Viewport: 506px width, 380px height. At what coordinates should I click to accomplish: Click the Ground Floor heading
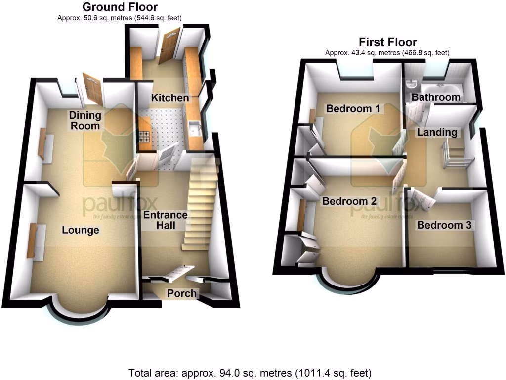point(120,7)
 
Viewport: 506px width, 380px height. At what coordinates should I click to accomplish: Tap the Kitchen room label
point(170,98)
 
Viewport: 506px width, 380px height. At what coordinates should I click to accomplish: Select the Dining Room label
point(85,120)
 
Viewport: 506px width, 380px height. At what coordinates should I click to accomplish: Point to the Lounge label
point(81,230)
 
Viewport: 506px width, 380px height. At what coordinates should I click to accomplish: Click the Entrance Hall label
point(166,220)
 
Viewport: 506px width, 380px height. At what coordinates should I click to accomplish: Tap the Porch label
point(182,293)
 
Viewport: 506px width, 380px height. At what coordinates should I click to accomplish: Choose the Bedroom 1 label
point(353,108)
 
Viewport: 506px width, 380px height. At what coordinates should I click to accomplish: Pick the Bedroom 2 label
point(349,201)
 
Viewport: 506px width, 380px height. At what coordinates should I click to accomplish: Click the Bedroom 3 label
point(445,225)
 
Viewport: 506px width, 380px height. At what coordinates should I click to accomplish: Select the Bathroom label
point(436,97)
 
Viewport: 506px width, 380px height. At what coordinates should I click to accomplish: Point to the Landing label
point(437,132)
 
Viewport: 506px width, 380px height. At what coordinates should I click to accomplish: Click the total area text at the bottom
point(250,372)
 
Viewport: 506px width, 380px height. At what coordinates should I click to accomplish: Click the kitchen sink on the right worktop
point(194,130)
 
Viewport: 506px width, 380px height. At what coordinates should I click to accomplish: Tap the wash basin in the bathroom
point(411,85)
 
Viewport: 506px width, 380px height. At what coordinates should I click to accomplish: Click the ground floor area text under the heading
point(120,18)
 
